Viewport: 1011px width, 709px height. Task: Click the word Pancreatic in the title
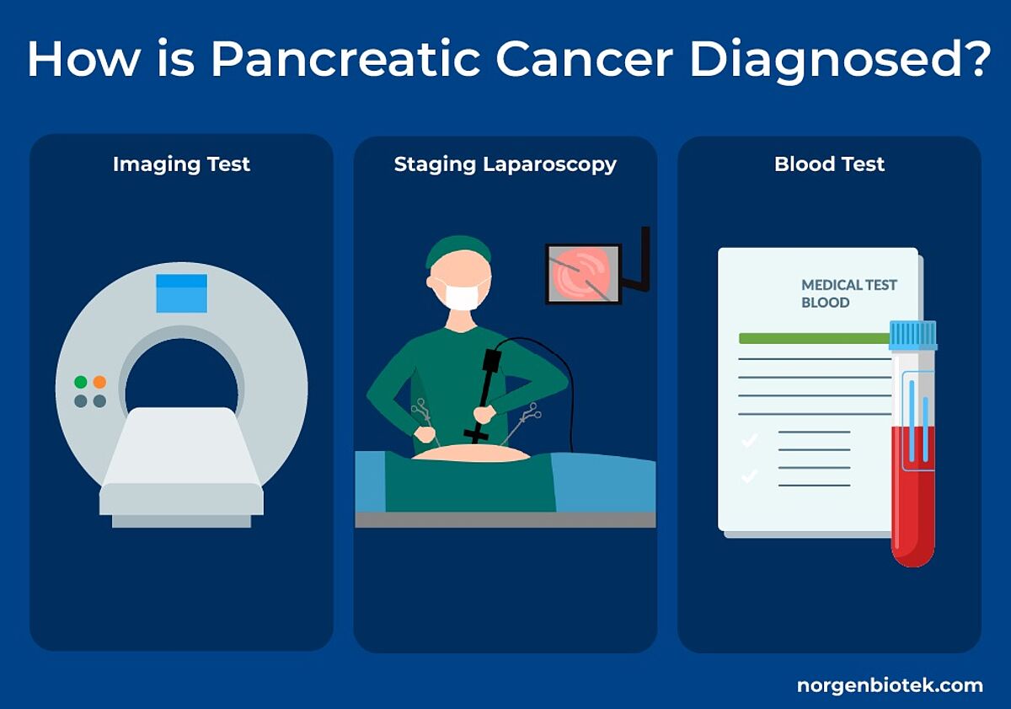click(345, 59)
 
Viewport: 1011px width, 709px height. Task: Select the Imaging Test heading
click(181, 164)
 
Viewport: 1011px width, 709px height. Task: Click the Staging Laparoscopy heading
click(505, 164)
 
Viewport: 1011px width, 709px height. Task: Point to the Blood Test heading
click(830, 164)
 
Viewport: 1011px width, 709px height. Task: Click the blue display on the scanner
click(181, 293)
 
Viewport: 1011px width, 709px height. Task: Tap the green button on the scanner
click(81, 382)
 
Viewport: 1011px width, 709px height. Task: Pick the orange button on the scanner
click(99, 382)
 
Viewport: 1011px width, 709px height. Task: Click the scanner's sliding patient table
click(181, 467)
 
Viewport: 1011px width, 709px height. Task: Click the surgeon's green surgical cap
click(458, 250)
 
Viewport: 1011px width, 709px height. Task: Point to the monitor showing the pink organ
click(583, 274)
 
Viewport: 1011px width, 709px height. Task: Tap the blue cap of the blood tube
click(913, 335)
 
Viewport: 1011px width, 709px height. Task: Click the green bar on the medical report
click(814, 338)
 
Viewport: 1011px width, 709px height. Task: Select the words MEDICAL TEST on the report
click(849, 285)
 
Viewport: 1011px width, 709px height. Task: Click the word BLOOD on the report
click(825, 303)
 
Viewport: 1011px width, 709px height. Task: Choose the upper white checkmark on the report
click(750, 439)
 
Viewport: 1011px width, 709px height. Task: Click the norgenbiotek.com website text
click(890, 685)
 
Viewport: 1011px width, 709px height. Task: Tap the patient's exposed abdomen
click(472, 453)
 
